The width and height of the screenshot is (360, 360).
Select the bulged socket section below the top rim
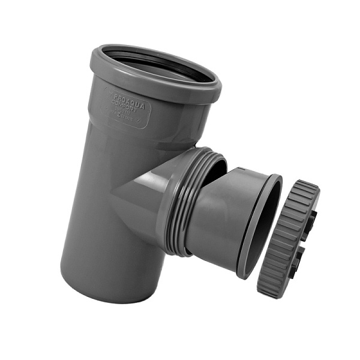click(x=150, y=120)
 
